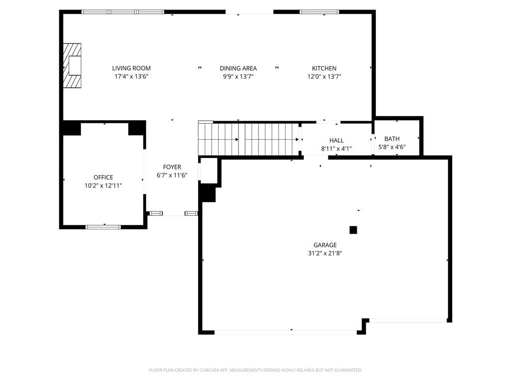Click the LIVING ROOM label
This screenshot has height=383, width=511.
131,68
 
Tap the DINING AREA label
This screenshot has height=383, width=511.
238,68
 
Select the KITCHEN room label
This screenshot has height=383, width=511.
324,68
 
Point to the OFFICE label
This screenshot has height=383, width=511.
103,178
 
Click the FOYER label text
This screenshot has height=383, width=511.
172,167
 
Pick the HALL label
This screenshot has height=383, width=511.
336,140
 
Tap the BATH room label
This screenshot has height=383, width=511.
392,139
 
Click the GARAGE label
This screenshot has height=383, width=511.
325,245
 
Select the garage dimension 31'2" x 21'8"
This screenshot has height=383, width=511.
325,253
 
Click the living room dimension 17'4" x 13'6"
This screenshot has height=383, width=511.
131,77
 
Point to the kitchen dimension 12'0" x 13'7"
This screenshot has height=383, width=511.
324,77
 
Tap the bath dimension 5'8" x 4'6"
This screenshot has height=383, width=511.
392,147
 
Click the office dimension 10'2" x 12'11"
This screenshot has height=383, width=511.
103,186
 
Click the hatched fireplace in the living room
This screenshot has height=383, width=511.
72,66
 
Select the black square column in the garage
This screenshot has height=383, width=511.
353,230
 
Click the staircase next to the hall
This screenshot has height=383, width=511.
250,140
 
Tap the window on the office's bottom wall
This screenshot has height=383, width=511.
103,227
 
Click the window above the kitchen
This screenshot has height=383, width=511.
319,12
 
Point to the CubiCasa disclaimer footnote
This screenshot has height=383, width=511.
255,370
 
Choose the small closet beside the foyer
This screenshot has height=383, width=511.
209,171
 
